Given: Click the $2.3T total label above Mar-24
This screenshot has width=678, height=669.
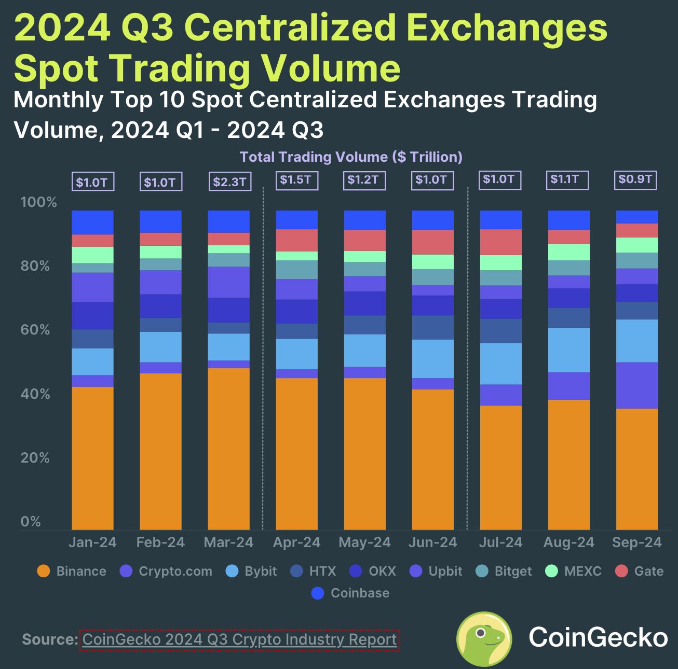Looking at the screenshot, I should click(229, 183).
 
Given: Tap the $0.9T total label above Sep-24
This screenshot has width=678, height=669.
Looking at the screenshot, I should click(636, 180).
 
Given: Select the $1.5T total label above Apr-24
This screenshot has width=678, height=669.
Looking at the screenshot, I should click(295, 180).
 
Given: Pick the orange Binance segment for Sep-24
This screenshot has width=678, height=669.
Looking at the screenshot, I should click(636, 469).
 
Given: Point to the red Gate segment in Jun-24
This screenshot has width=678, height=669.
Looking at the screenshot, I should click(432, 242).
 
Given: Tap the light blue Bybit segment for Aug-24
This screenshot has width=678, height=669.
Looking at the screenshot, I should click(568, 350).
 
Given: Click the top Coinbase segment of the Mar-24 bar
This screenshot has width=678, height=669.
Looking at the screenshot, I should click(228, 221).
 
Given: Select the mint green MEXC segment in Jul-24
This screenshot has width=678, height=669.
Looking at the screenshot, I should click(500, 262).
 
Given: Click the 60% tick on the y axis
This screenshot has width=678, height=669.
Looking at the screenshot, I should click(35, 330).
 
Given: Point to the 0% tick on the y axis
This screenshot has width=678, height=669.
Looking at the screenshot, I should click(31, 522).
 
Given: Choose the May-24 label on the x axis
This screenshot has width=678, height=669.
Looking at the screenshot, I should click(364, 543).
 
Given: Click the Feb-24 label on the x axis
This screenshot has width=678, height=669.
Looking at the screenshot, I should click(160, 543).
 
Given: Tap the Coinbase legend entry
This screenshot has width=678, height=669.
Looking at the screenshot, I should click(350, 593).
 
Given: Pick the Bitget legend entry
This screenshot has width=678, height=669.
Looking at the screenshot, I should click(504, 572).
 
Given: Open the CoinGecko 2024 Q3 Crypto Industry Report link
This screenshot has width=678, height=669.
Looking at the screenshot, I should click(239, 639).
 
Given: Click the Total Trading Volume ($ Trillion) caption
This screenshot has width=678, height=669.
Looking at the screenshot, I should click(351, 157).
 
